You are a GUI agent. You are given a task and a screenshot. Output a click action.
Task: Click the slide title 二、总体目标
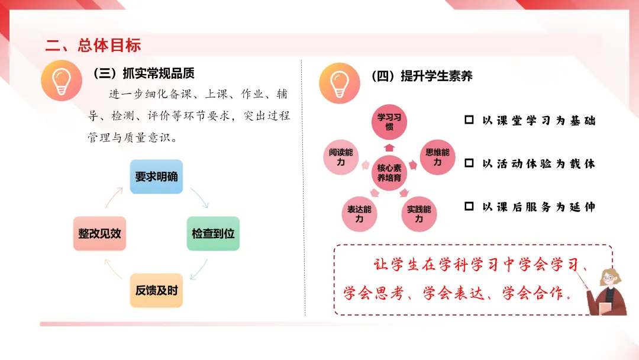click(x=93, y=45)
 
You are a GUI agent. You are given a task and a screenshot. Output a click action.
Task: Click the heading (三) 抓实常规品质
click(x=143, y=74)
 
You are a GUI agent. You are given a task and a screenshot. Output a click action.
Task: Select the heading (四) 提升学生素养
click(x=421, y=76)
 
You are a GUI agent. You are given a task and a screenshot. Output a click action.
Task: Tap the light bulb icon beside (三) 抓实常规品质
click(x=62, y=81)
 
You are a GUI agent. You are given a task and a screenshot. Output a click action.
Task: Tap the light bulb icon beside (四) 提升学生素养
click(x=340, y=83)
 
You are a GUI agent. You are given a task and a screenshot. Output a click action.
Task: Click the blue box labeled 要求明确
click(x=156, y=176)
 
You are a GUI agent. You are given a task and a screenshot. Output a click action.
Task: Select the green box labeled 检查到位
click(x=213, y=233)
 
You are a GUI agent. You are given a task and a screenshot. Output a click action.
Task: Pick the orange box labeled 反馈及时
click(x=156, y=290)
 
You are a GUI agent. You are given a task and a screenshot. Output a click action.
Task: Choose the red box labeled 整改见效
click(x=99, y=233)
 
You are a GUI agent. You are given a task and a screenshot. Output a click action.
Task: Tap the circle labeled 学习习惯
click(x=389, y=122)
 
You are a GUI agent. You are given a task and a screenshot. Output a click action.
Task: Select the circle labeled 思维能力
click(x=437, y=157)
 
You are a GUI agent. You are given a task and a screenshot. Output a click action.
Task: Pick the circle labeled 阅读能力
click(x=341, y=157)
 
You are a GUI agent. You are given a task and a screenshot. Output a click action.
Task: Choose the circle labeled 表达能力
click(x=359, y=214)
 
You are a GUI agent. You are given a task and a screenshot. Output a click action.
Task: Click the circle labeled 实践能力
click(x=419, y=214)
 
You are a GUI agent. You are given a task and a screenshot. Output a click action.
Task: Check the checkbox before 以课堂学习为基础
click(x=469, y=120)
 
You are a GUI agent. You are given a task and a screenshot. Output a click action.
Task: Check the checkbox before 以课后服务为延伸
click(x=469, y=207)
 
